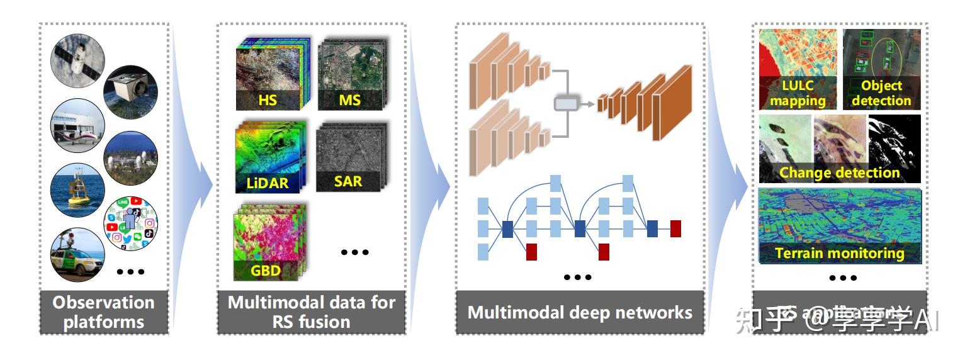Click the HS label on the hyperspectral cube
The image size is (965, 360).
(267, 99)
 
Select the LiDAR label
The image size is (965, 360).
(268, 183)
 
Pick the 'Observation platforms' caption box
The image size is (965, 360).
(103, 312)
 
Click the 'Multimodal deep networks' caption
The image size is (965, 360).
(580, 312)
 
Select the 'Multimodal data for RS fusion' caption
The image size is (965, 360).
(311, 312)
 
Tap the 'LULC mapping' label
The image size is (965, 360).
(797, 93)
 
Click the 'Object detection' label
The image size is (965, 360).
(881, 93)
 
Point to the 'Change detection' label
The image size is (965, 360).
(840, 172)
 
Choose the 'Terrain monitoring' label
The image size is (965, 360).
(840, 253)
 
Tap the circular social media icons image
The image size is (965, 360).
(130, 223)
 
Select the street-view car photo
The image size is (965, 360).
(77, 256)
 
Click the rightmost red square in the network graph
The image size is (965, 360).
(675, 228)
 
